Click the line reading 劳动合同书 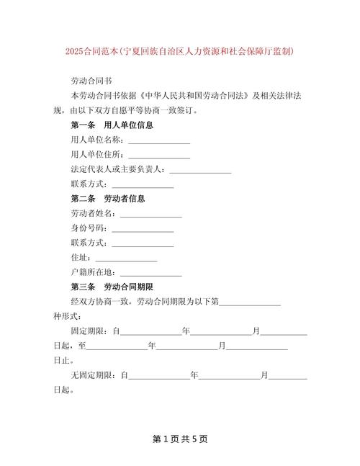click(x=91, y=81)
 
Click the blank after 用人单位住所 click(x=159, y=154)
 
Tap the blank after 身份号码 click(x=143, y=228)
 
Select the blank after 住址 click(x=126, y=257)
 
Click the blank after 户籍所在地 click(x=150, y=272)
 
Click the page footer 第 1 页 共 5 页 click(x=179, y=438)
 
